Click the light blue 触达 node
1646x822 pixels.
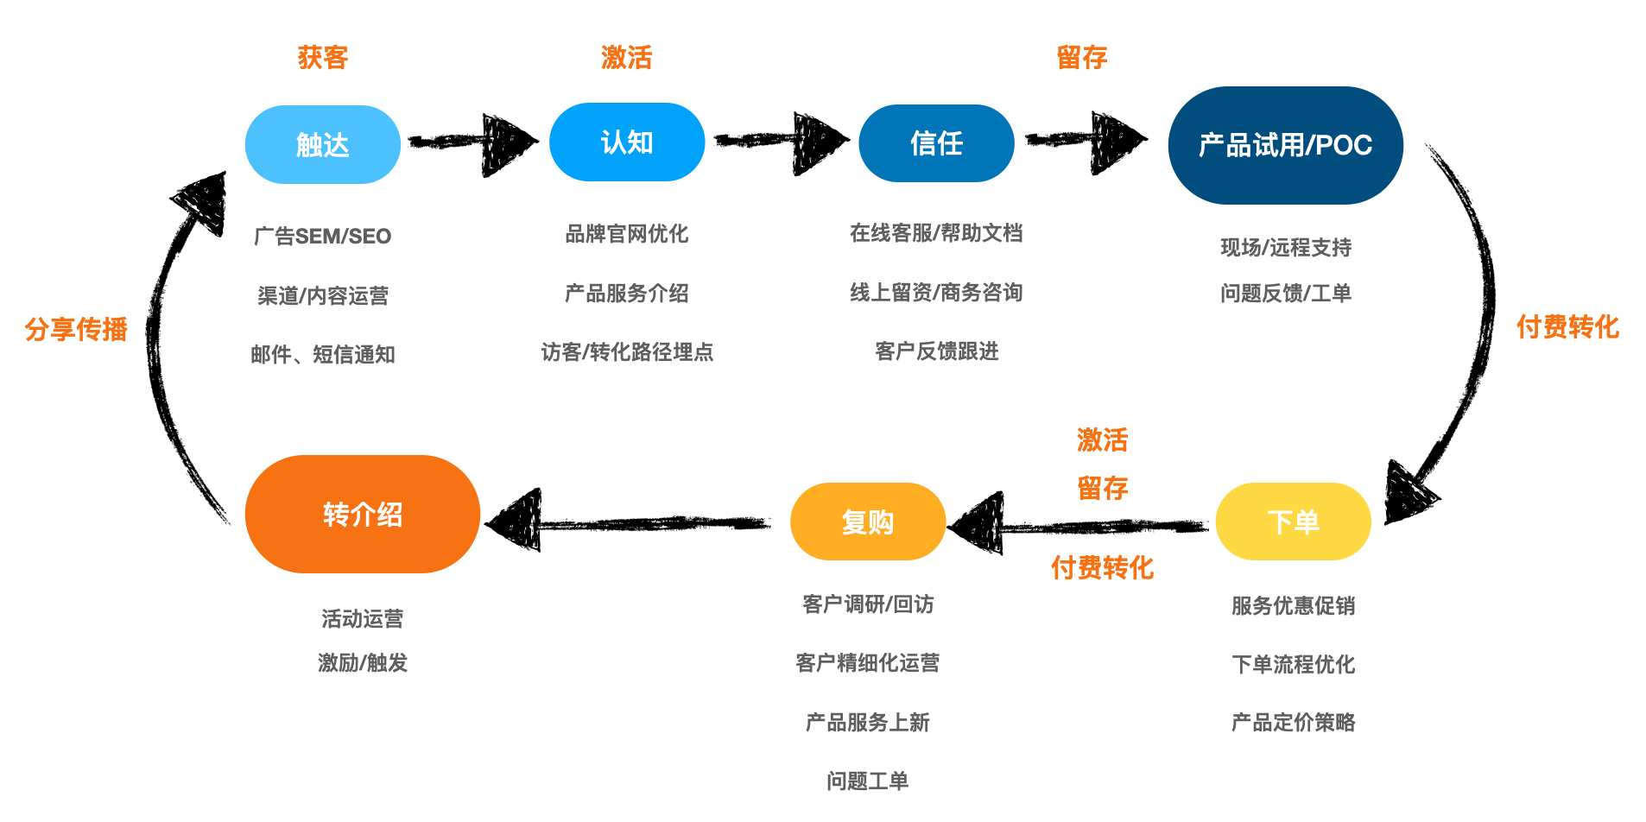coord(322,144)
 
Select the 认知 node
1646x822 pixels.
coord(626,142)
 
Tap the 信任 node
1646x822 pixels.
coord(936,143)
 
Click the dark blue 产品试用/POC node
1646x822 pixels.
coord(1285,145)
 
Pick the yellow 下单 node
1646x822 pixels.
coord(1293,522)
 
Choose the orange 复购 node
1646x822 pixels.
coord(867,522)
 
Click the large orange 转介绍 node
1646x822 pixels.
coord(362,515)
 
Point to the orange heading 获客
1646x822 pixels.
coord(322,58)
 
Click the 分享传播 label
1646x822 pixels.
coord(76,329)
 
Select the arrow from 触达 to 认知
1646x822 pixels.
coord(473,143)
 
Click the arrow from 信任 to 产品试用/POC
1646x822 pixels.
coord(1086,142)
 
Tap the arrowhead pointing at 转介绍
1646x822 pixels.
coord(516,522)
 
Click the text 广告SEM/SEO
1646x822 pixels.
coord(322,236)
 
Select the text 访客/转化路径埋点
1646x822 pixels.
coord(627,352)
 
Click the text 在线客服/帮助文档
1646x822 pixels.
coord(936,233)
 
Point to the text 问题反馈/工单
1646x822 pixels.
coord(1285,294)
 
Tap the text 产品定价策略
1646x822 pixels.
coord(1293,723)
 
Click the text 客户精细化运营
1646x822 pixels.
coord(867,663)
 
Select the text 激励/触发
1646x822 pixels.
coord(362,663)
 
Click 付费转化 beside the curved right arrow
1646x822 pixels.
coord(1567,327)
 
